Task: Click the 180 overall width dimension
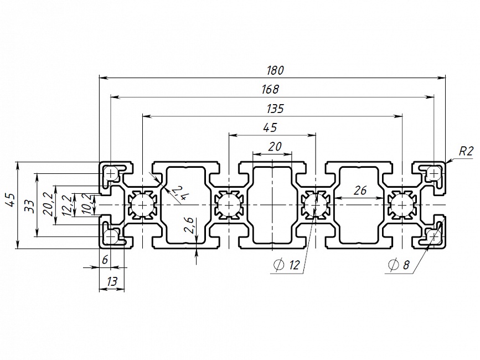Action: click(275, 70)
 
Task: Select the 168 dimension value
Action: click(271, 89)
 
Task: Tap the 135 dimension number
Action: click(275, 109)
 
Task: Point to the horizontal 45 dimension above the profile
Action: click(270, 128)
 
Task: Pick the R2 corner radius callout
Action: click(466, 151)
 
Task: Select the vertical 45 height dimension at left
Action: click(9, 200)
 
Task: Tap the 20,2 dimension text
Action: click(48, 203)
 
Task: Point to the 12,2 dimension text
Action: click(66, 205)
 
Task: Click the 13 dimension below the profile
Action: click(112, 282)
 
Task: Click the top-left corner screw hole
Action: click(111, 174)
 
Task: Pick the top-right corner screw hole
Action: click(433, 174)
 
